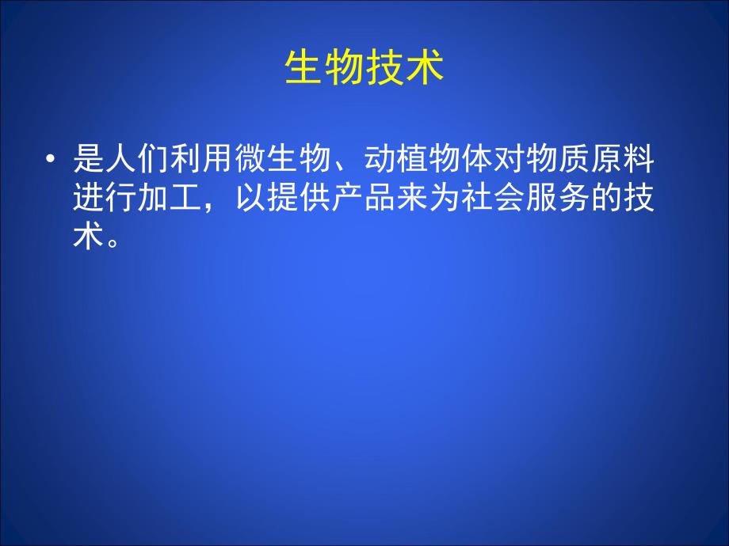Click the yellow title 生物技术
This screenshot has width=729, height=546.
pos(364,69)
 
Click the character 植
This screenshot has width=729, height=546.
pos(415,160)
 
